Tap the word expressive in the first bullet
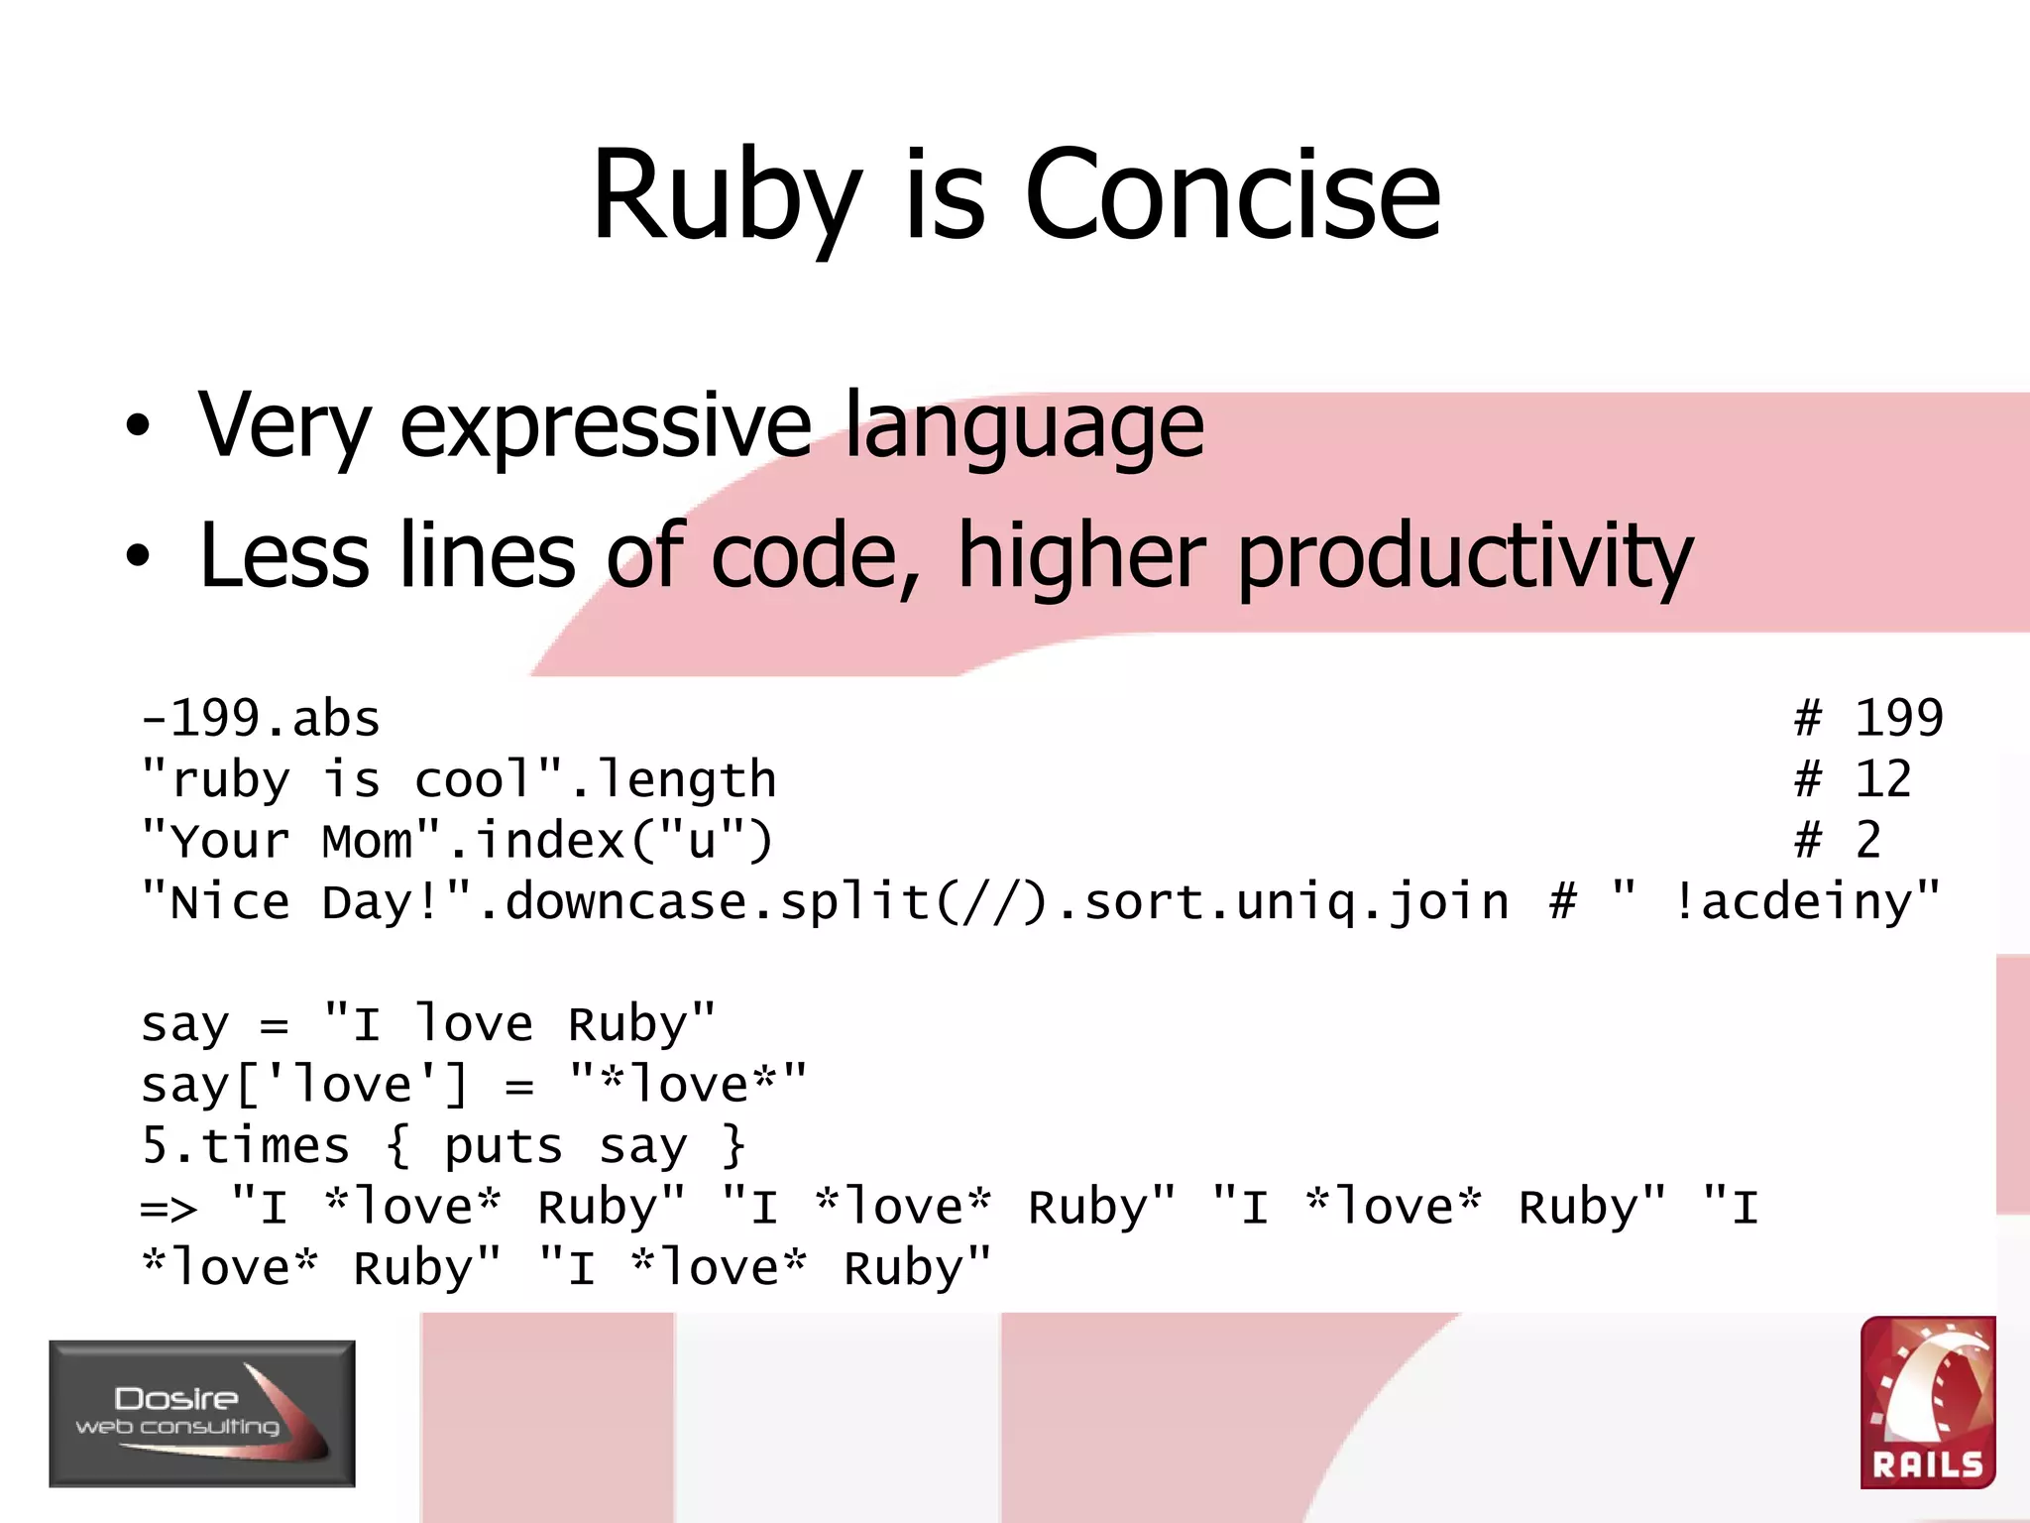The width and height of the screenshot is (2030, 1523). pos(606,426)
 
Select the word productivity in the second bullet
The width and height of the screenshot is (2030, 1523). pos(1465,556)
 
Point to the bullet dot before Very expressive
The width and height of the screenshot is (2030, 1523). pos(138,427)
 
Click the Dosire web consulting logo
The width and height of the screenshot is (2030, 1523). pos(202,1413)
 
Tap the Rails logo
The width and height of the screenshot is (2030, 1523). pos(1927,1402)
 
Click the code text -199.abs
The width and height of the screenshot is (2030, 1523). pos(261,719)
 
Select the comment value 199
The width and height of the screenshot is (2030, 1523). pos(1898,719)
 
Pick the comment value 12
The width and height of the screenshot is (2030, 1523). pos(1882,780)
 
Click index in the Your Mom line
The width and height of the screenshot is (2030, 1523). pos(550,842)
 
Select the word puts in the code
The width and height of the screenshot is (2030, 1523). pos(503,1147)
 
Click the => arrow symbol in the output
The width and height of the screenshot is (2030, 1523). pos(169,1209)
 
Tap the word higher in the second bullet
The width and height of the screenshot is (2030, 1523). pos(1081,556)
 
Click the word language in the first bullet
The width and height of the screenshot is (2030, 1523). pos(1024,426)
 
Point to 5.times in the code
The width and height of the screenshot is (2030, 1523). pos(245,1147)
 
